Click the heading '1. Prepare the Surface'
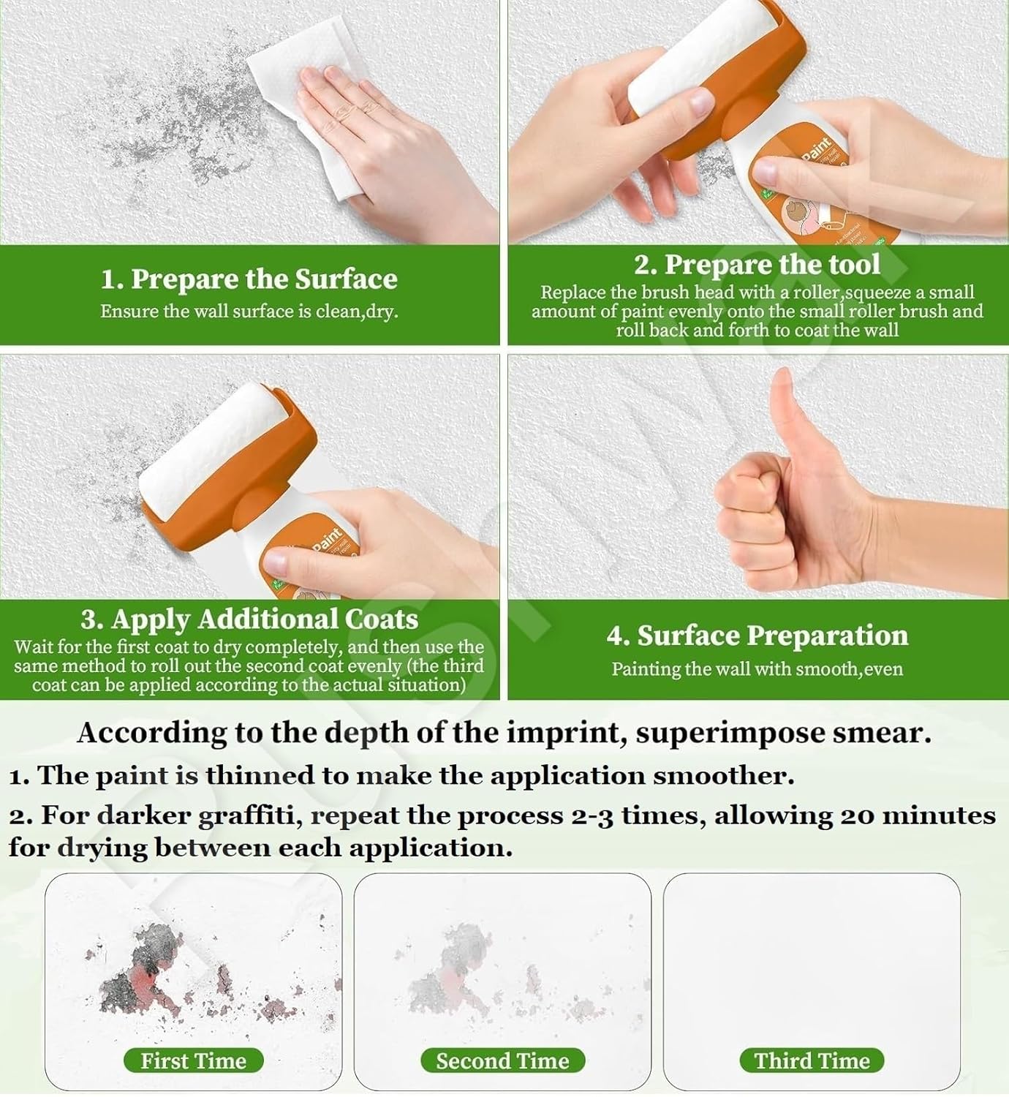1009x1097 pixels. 249,279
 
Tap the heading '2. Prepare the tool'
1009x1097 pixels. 757,264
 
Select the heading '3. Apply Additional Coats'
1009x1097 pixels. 249,619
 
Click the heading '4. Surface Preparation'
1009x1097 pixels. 757,636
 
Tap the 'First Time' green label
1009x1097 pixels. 193,1060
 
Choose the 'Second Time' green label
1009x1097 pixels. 502,1060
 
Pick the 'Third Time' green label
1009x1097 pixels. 812,1060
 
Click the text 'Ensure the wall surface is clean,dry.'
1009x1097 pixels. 249,312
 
